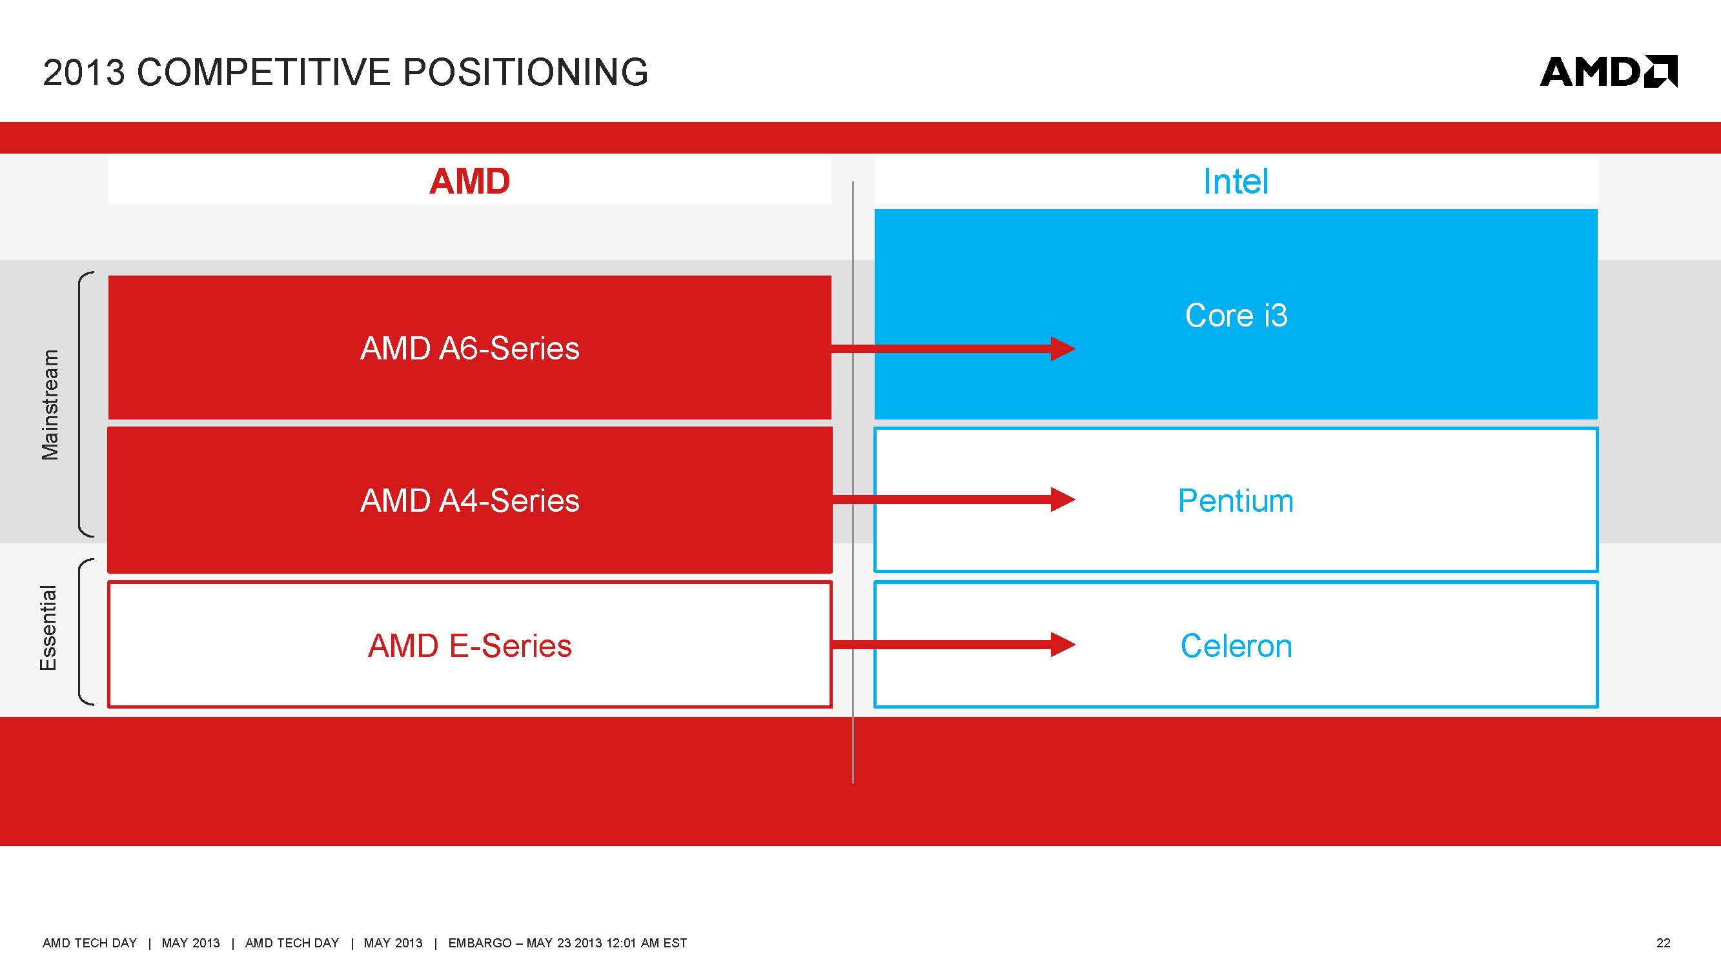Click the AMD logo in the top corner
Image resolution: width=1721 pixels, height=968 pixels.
pyautogui.click(x=1607, y=72)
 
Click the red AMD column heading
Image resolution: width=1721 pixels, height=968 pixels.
pyautogui.click(x=469, y=182)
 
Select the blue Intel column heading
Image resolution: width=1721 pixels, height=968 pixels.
pyautogui.click(x=1236, y=182)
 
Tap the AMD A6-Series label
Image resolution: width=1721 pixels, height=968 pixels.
pyautogui.click(x=469, y=348)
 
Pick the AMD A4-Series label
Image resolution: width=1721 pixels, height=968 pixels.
pyautogui.click(x=469, y=500)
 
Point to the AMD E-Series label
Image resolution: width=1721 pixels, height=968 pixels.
pyautogui.click(x=469, y=646)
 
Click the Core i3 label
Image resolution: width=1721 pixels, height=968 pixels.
pyautogui.click(x=1236, y=316)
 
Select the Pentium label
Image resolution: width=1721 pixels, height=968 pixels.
pyautogui.click(x=1236, y=500)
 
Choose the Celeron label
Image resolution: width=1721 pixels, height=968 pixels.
pyautogui.click(x=1236, y=646)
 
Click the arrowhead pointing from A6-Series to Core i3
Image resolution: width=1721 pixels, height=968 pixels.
pyautogui.click(x=1062, y=348)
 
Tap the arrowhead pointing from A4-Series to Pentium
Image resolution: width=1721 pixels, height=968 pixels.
pyautogui.click(x=1062, y=499)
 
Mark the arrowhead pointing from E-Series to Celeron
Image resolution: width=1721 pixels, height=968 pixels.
pyautogui.click(x=1062, y=645)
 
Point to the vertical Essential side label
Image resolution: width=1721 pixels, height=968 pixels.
pyautogui.click(x=49, y=628)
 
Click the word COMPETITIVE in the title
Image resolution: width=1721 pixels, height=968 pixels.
pyautogui.click(x=263, y=72)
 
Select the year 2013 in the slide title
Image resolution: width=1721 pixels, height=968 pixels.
pyautogui.click(x=83, y=72)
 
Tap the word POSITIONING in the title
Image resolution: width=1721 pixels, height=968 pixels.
pyautogui.click(x=525, y=72)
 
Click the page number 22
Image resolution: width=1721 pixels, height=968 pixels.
pyautogui.click(x=1663, y=943)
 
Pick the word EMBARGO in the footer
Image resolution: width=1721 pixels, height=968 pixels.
pyautogui.click(x=479, y=943)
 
